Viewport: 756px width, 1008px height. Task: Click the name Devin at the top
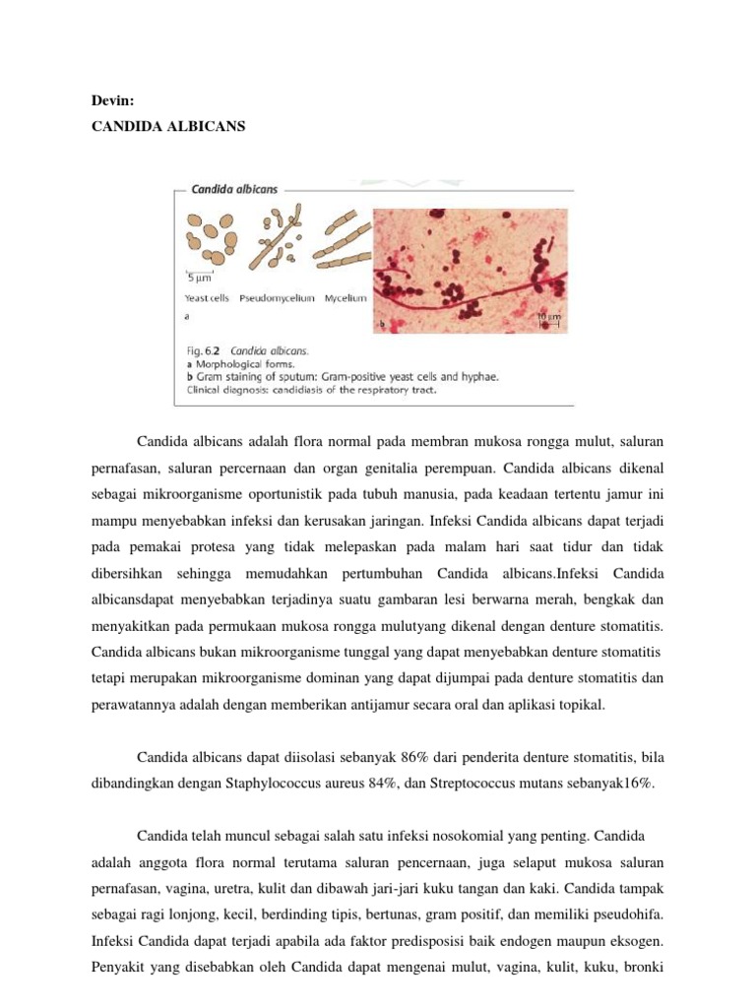(x=110, y=100)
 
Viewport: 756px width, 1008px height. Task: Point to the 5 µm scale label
(x=201, y=280)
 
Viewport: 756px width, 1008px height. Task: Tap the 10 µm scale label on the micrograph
(x=549, y=317)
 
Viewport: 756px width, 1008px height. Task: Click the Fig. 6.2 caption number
(x=202, y=349)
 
